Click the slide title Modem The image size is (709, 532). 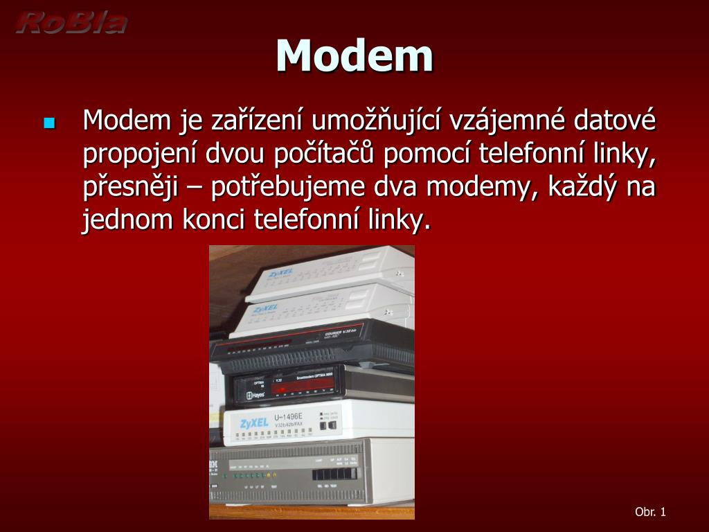tap(354, 55)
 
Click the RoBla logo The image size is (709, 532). tap(71, 23)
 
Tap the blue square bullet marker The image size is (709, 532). tap(48, 123)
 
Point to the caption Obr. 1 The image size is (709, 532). tap(650, 512)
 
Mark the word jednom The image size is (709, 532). tap(128, 220)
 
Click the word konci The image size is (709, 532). tap(215, 220)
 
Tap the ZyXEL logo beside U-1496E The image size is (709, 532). tap(253, 423)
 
